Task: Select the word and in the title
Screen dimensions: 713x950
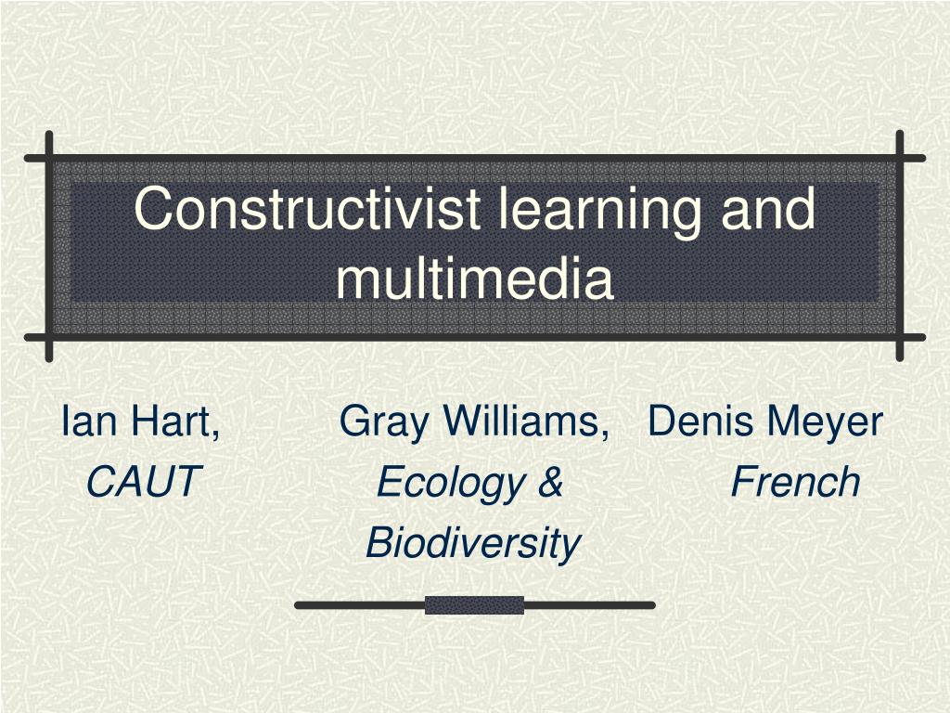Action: (x=769, y=209)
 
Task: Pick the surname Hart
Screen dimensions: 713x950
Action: (x=172, y=421)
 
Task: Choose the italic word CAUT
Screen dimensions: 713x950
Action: (x=143, y=482)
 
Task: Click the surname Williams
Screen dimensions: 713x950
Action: (x=520, y=421)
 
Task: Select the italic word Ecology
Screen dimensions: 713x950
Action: (x=447, y=483)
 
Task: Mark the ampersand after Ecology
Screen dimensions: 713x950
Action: (x=550, y=483)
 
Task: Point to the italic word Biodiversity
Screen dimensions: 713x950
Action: (x=473, y=542)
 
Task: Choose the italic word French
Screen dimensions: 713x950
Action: (x=795, y=482)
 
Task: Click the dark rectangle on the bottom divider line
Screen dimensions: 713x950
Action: (x=474, y=605)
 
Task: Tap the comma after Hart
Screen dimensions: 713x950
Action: (x=215, y=434)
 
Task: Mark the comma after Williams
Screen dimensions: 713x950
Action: (x=604, y=434)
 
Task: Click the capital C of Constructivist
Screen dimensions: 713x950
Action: (x=152, y=209)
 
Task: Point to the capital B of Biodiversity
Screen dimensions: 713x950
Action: (x=378, y=542)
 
